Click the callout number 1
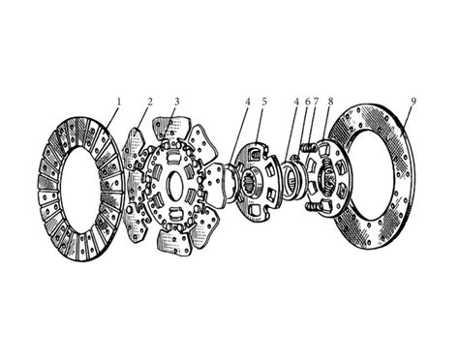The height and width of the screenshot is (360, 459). tap(119, 102)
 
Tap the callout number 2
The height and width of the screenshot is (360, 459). tap(149, 102)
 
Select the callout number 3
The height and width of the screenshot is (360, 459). tap(176, 102)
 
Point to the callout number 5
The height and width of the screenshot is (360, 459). tap(264, 102)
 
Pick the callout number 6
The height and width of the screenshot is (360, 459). tap(307, 102)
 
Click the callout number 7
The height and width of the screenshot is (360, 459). tap(316, 102)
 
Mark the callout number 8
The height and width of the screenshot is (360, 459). tap(330, 102)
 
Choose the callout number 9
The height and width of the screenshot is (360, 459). tap(413, 102)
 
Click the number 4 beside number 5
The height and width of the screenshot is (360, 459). tap(248, 102)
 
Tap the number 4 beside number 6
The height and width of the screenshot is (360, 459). tap(296, 102)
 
